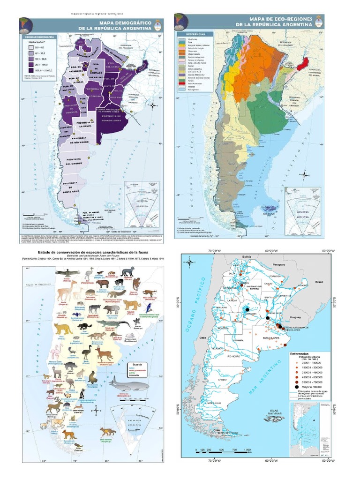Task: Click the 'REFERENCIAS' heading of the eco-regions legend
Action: click(x=195, y=34)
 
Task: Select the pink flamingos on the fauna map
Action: click(x=57, y=350)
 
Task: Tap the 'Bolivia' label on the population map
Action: click(x=247, y=257)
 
